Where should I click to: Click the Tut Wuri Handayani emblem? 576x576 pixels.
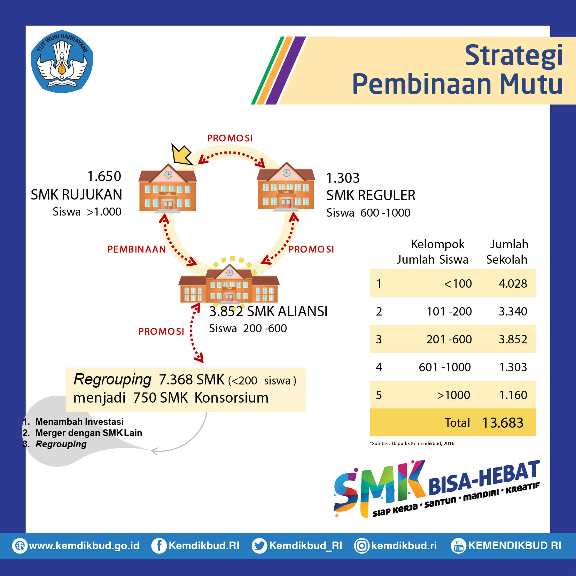click(62, 61)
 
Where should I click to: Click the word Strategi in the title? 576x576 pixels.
click(514, 56)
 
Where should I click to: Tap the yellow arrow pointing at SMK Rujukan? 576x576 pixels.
click(182, 154)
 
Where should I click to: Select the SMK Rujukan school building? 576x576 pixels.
click(168, 188)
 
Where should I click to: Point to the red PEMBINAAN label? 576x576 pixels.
click(137, 249)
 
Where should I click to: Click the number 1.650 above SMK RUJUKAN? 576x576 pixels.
click(104, 176)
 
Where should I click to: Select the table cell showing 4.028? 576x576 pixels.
click(513, 283)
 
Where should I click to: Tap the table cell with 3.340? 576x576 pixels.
click(513, 311)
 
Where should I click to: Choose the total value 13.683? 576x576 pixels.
click(503, 423)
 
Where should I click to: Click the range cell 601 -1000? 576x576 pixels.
click(445, 367)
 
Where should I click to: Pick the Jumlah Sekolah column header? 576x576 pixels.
click(507, 252)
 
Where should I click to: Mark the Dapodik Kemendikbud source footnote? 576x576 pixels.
click(412, 443)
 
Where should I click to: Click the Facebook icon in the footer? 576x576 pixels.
click(158, 546)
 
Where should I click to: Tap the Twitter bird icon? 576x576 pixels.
click(259, 546)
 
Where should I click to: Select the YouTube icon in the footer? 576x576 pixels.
click(458, 546)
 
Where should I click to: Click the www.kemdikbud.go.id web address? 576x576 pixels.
click(84, 546)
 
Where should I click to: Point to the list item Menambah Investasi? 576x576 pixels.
click(79, 422)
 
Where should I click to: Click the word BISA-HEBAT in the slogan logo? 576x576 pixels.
click(484, 477)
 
